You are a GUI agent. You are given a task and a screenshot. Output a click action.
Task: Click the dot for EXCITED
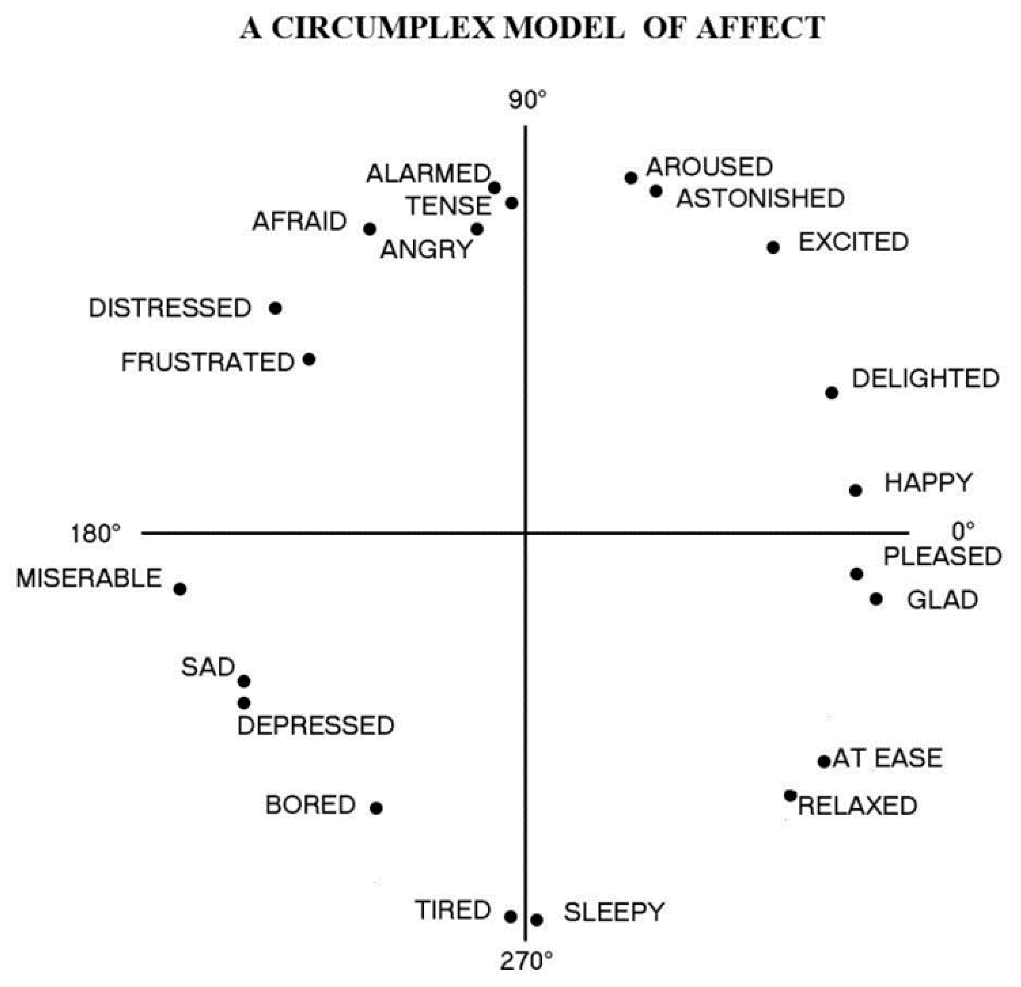[773, 248]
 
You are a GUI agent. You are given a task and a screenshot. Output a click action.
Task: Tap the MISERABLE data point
[180, 589]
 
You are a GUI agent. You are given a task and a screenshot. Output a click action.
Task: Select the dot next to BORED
[377, 808]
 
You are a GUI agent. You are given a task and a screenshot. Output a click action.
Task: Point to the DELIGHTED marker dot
[832, 393]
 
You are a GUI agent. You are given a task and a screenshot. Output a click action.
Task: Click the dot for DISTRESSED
[276, 308]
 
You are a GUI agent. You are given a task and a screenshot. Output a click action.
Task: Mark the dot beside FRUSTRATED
[309, 359]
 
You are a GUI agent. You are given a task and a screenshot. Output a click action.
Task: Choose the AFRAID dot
[370, 229]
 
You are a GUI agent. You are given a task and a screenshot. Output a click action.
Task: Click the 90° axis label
[528, 100]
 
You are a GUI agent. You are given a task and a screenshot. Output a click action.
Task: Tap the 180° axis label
[96, 534]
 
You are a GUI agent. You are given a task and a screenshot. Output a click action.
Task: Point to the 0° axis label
[963, 532]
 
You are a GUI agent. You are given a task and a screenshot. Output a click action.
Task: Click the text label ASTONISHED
[760, 198]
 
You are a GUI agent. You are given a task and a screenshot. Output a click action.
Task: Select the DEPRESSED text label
[316, 725]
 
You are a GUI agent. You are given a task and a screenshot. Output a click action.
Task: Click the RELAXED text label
[857, 805]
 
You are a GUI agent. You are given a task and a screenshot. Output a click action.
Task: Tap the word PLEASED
[942, 556]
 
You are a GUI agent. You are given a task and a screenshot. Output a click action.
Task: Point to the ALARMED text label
[428, 173]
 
